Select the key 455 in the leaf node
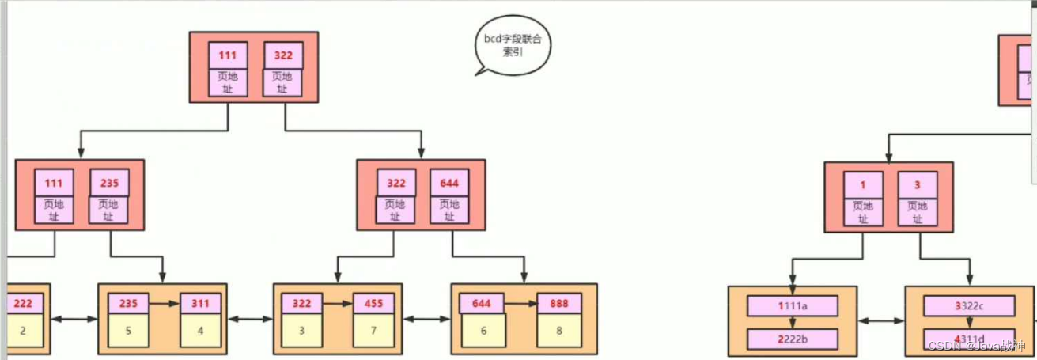pos(373,304)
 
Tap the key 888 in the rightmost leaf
pos(559,304)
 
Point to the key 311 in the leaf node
pos(200,304)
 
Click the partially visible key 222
pos(22,304)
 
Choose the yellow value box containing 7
pos(373,330)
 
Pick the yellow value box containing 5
pos(128,330)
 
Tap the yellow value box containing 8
pos(559,330)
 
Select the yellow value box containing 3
pos(301,330)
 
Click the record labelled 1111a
pos(793,306)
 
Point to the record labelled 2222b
pos(793,339)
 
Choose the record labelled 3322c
pos(970,306)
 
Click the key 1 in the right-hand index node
pos(863,185)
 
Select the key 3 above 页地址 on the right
pos(918,185)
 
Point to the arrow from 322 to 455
pos(338,303)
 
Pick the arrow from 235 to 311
pos(164,303)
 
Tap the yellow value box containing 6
pos(483,330)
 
